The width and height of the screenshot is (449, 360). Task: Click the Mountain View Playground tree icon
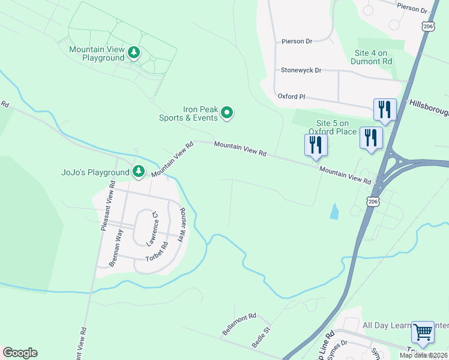pos(134,53)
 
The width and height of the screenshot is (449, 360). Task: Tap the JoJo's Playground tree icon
pos(139,172)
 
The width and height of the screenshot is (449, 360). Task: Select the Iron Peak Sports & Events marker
pos(227,112)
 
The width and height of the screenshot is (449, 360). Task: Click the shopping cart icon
pos(423,332)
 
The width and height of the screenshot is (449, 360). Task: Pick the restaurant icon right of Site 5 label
pos(371,137)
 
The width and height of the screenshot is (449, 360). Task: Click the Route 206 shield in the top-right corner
pos(427,26)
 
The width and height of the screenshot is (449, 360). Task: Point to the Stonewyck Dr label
pos(301,70)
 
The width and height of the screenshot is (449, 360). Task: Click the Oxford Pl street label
pos(291,96)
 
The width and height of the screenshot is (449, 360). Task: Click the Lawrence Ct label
pos(151,228)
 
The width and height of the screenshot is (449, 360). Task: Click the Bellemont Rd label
pos(240,323)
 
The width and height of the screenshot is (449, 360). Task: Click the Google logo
pos(20,353)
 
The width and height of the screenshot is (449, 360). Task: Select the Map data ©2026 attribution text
pos(423,355)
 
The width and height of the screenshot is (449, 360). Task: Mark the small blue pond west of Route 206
pos(334,211)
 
